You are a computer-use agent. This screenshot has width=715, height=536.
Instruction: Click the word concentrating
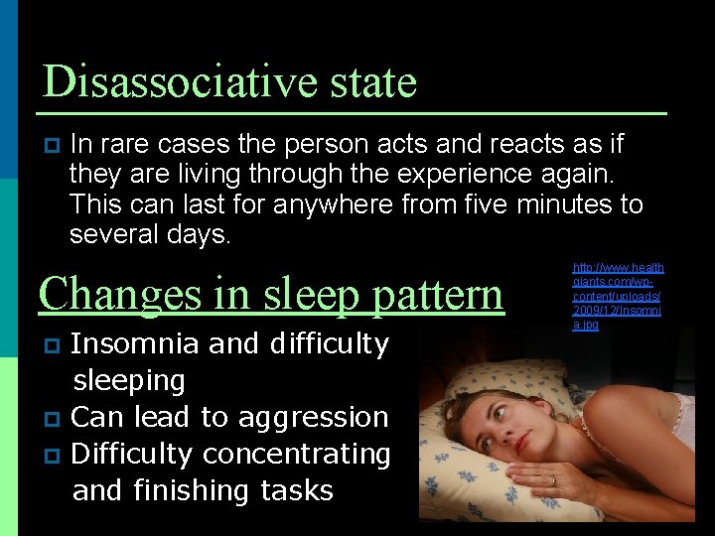295,454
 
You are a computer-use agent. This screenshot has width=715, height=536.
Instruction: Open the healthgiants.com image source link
618,296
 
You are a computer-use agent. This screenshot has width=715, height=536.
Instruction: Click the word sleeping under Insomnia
129,381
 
